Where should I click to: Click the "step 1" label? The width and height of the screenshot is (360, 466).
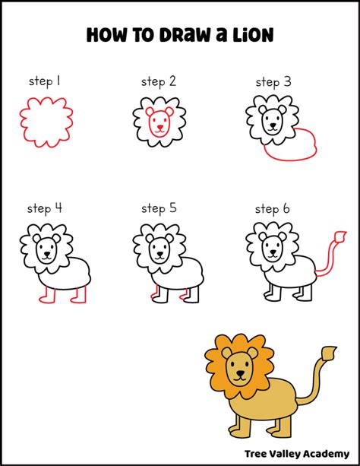tap(45, 81)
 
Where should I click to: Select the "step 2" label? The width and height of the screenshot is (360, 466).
tap(159, 81)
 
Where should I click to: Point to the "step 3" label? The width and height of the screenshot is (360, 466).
tap(273, 82)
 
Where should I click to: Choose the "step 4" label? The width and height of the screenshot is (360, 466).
tap(45, 208)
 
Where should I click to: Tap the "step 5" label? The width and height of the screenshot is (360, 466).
tap(159, 208)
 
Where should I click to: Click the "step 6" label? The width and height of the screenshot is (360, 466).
tap(272, 209)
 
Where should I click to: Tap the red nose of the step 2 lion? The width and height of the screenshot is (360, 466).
tap(160, 127)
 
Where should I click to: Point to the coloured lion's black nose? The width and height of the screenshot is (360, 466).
tap(240, 373)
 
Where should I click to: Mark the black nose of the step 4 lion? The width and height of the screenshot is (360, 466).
tap(46, 255)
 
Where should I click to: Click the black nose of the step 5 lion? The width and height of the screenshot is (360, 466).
tap(160, 255)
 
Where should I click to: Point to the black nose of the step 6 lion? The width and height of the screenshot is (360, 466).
tap(273, 253)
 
